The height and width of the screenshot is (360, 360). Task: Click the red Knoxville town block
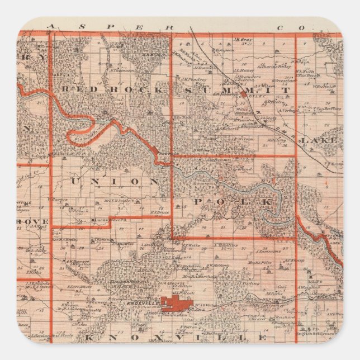coord(177,303)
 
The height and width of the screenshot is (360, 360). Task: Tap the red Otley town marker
coord(244,94)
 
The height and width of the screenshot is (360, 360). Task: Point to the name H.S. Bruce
coord(159,212)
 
